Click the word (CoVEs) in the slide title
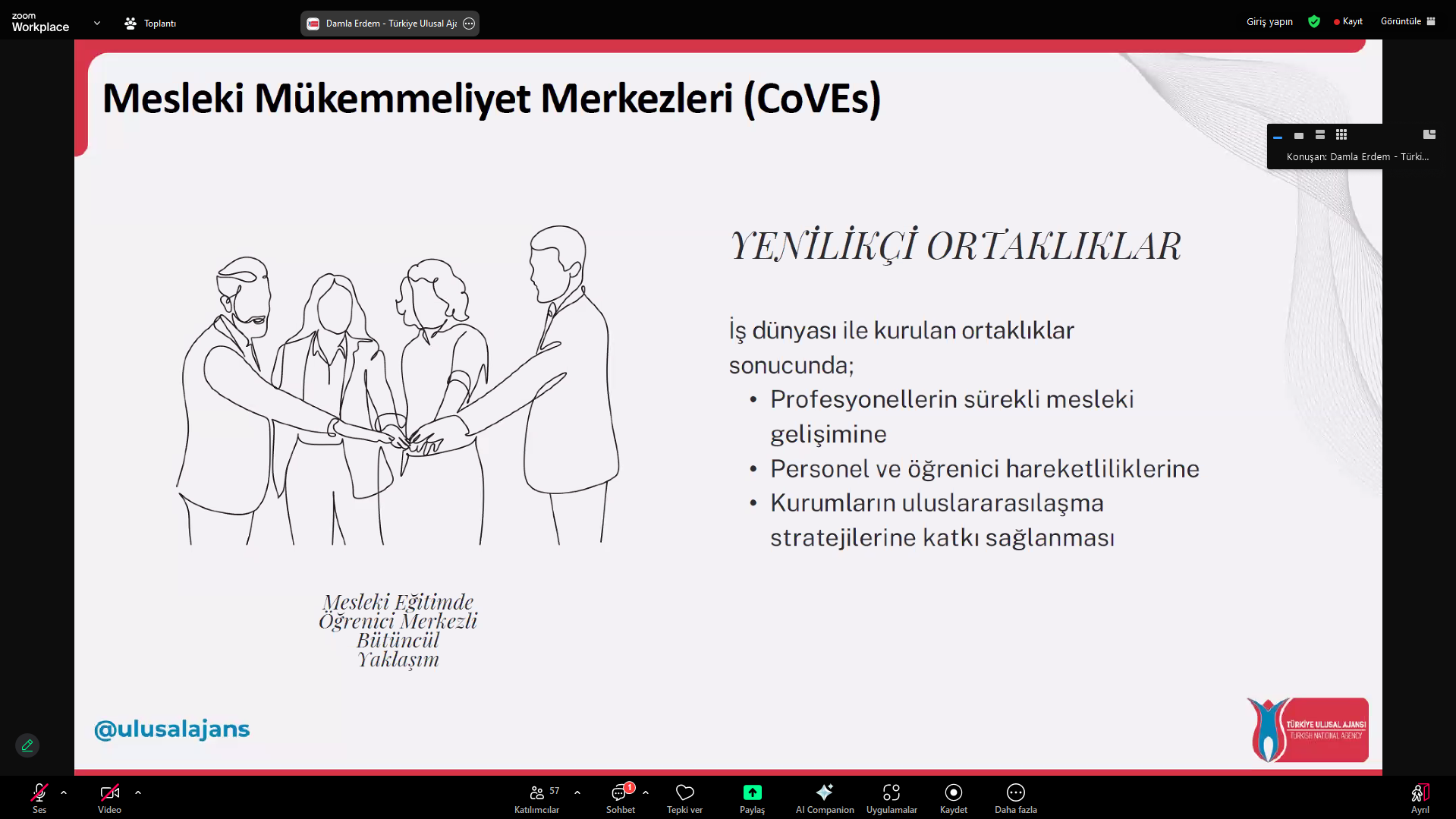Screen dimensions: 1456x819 tap(812, 99)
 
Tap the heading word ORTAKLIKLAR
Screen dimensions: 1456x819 tap(1054, 247)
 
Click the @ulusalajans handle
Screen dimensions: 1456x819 tap(172, 729)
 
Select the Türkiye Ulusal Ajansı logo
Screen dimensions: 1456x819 tap(1307, 730)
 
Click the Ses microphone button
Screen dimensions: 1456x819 tap(39, 792)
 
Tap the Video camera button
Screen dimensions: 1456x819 tap(109, 792)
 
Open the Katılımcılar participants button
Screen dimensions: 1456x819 tap(536, 792)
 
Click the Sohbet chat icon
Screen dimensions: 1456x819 tap(619, 793)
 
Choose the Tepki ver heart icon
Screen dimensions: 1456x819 tap(684, 792)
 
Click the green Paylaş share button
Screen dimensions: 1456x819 tap(752, 792)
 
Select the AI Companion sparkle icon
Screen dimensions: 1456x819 tap(825, 792)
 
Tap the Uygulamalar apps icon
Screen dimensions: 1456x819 tap(892, 792)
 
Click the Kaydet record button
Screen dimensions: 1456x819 tap(954, 792)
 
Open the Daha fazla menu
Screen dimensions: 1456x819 tap(1016, 792)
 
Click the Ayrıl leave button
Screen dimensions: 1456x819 tap(1420, 792)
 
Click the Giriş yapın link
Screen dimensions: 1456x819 tap(1269, 21)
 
